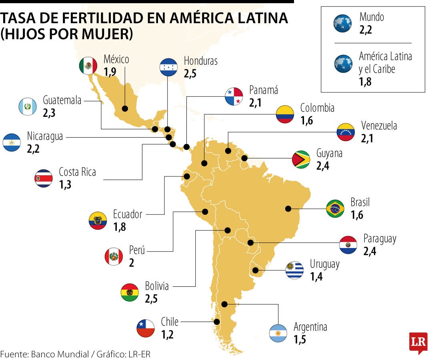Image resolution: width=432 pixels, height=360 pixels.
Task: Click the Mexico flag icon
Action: point(88,65)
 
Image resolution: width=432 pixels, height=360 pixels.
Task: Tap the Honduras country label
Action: point(200,61)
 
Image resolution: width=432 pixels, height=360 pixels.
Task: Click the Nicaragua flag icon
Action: point(12,142)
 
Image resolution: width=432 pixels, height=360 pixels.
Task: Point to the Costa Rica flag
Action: point(43,178)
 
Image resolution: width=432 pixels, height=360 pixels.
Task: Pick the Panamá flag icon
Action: point(234,96)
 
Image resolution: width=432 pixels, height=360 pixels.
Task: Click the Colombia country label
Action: point(317,108)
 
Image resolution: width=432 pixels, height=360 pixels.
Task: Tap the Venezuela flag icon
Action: point(346,132)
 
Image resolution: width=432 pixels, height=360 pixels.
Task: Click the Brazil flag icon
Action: point(335,208)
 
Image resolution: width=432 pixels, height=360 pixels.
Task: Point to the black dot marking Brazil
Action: point(288,208)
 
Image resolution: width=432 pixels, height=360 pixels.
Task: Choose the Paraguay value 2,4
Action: point(370,251)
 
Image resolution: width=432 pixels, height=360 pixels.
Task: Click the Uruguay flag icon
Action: point(295,270)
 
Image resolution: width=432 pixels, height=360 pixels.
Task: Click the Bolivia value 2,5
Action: point(151,299)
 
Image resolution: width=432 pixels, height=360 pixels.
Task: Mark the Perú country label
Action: point(137,251)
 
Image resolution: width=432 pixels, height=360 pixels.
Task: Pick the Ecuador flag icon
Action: point(98,220)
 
